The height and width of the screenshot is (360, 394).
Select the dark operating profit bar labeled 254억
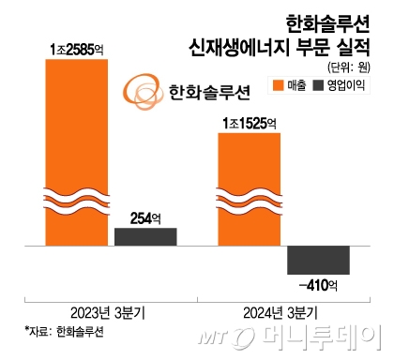click(x=145, y=236)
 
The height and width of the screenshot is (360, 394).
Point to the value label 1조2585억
click(x=76, y=47)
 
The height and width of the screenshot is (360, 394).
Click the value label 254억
click(x=145, y=218)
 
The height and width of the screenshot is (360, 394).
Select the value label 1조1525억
click(x=249, y=122)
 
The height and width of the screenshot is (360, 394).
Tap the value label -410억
click(x=318, y=283)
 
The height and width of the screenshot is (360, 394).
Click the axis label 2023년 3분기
click(x=111, y=311)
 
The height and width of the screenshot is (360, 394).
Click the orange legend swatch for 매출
click(x=278, y=87)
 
